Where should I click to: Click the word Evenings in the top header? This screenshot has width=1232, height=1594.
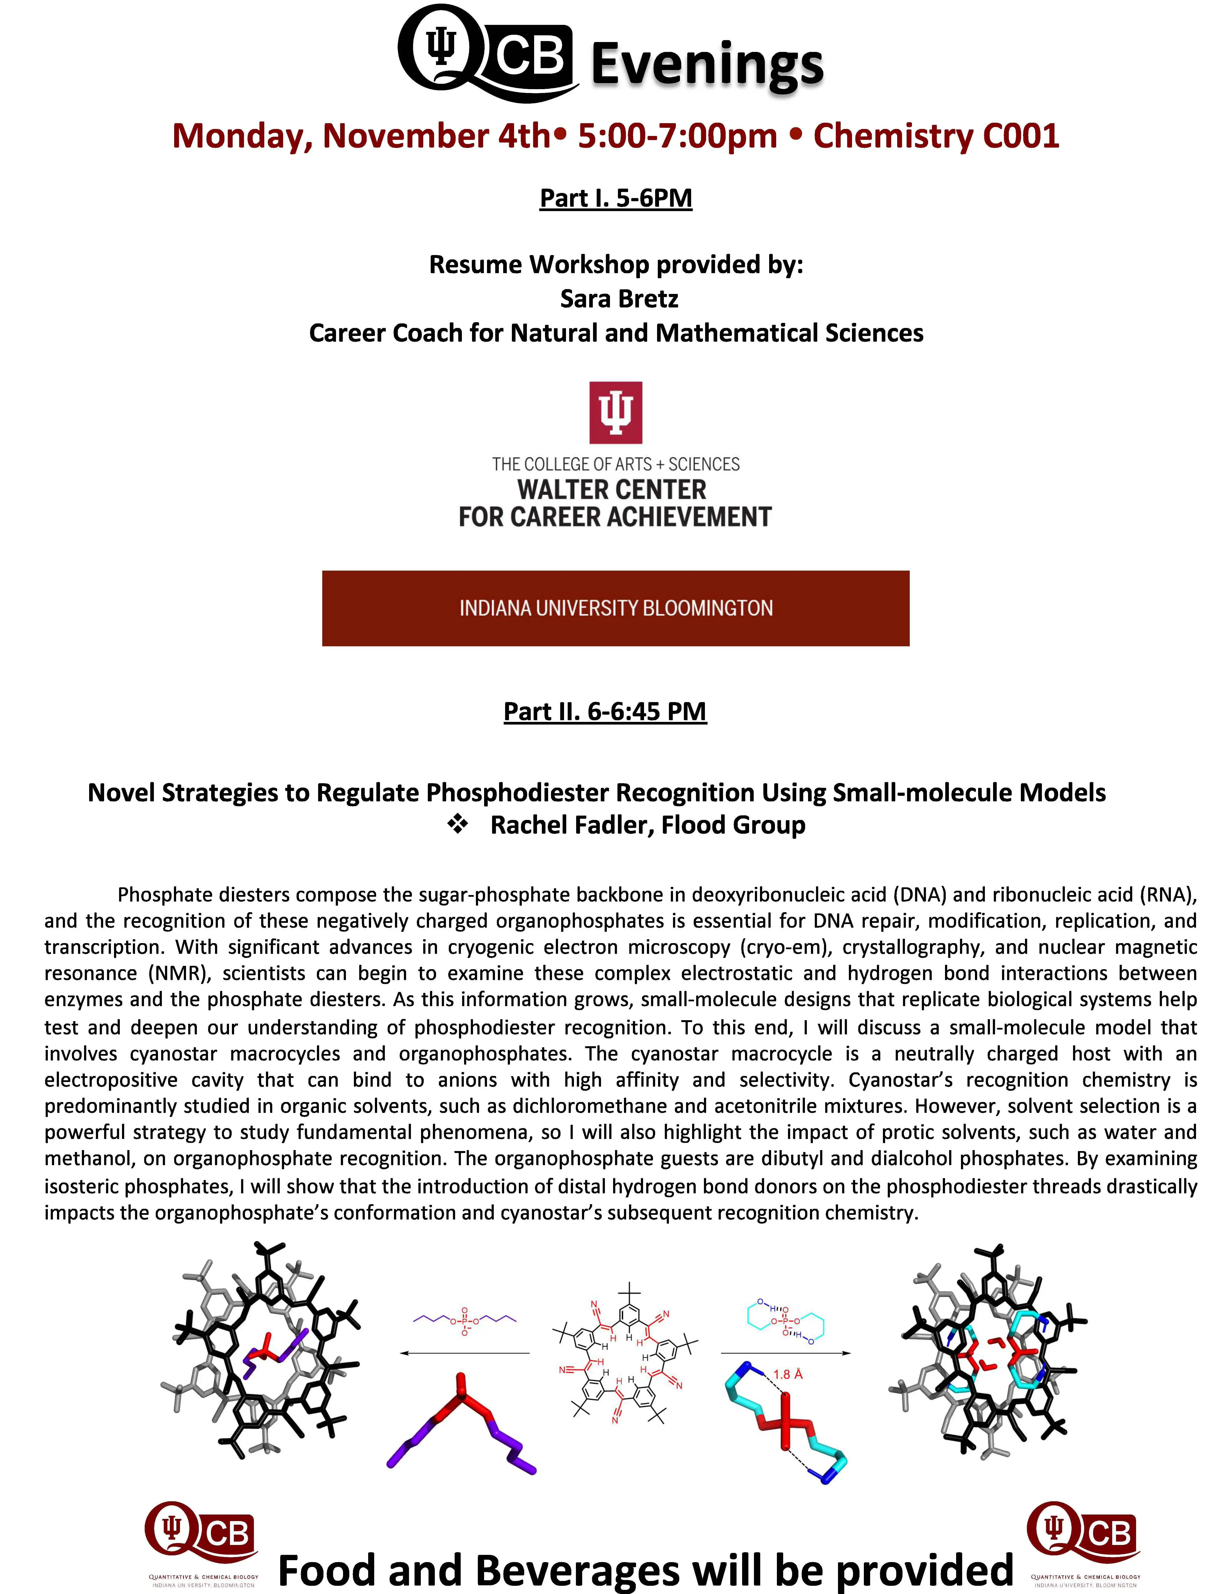[x=707, y=64]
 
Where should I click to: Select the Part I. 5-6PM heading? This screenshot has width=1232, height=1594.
[x=615, y=198]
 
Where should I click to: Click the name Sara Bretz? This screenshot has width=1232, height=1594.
[x=619, y=299]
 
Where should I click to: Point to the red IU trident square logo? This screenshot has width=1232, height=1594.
[x=615, y=412]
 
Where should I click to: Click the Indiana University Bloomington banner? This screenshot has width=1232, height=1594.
[x=615, y=608]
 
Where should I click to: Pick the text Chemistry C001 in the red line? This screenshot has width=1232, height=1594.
[x=936, y=136]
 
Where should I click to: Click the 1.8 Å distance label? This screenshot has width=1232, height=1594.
[x=788, y=1374]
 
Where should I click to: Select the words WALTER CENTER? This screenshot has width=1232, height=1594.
[x=612, y=489]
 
